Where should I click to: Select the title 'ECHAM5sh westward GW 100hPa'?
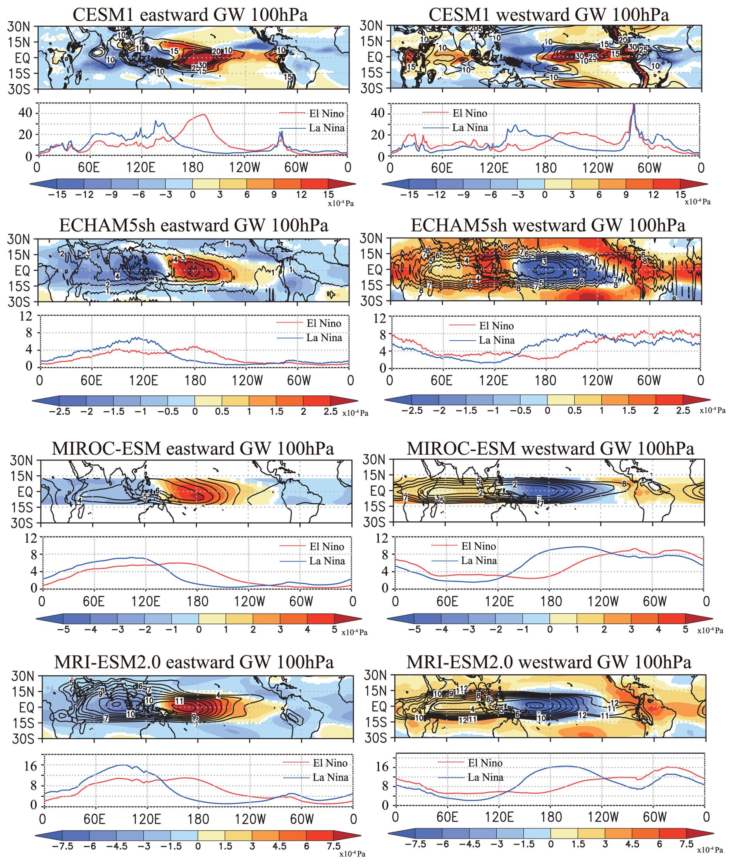pyautogui.click(x=548, y=225)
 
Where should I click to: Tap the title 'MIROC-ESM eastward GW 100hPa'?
pyautogui.click(x=193, y=448)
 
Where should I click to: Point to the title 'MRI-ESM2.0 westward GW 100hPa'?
pyautogui.click(x=549, y=662)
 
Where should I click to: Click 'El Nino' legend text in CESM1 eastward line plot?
pyautogui.click(x=326, y=114)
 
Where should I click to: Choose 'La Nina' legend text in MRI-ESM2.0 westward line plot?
pyautogui.click(x=485, y=777)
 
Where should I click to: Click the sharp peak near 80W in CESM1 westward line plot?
pyautogui.click(x=634, y=105)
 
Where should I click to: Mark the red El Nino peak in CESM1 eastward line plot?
pyautogui.click(x=204, y=115)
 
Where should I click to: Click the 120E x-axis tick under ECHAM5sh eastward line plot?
pyautogui.click(x=143, y=380)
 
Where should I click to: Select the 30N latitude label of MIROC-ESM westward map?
pyautogui.click(x=373, y=459)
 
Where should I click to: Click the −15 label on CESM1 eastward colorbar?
pyautogui.click(x=57, y=195)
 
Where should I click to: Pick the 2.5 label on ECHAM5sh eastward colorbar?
pyautogui.click(x=330, y=412)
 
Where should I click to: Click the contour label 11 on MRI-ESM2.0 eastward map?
pyautogui.click(x=179, y=701)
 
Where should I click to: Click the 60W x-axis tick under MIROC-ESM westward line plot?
pyautogui.click(x=654, y=601)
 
